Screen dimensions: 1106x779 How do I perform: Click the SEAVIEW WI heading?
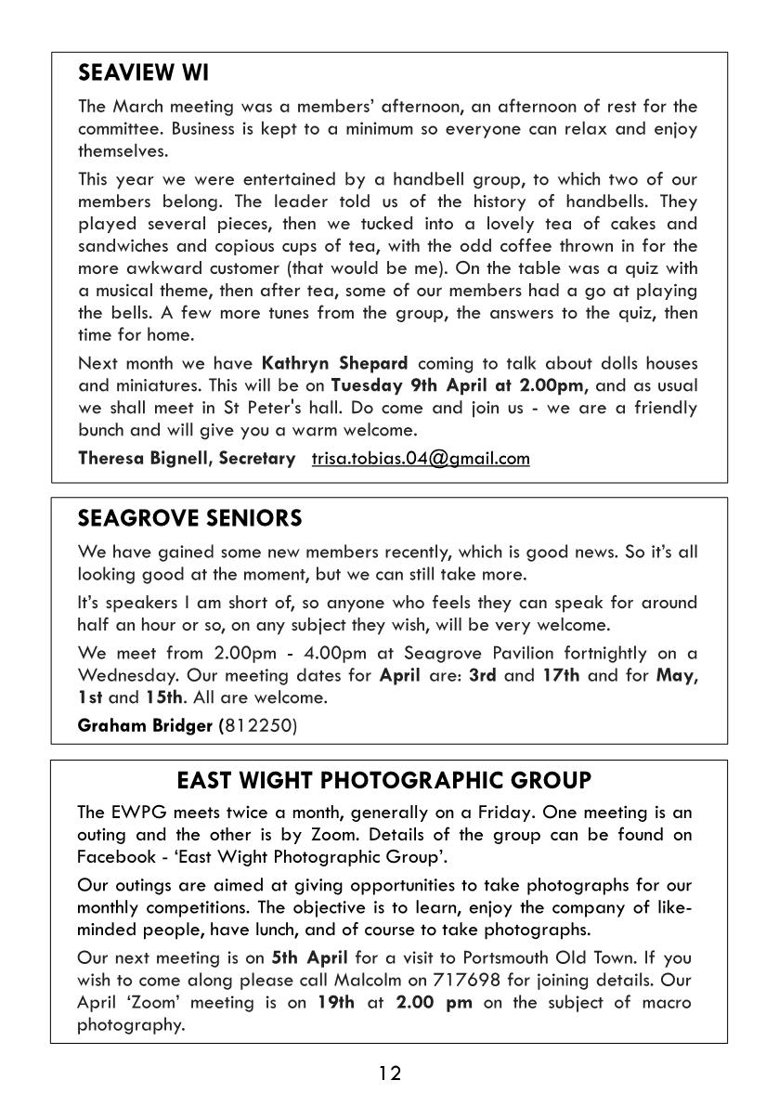143,72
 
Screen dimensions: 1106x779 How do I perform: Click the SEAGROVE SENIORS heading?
189,517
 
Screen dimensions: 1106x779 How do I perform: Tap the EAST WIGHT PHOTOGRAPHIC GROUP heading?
383,779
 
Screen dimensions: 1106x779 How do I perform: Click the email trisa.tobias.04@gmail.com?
421,458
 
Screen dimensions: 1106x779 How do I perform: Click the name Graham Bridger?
145,725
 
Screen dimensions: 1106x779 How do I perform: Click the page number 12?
390,1073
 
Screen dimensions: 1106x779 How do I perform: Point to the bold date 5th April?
309,957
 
